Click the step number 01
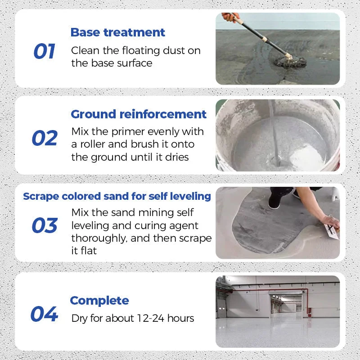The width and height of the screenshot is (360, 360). click(44, 52)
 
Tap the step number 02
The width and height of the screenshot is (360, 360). click(45, 139)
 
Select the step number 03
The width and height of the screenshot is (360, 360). click(45, 225)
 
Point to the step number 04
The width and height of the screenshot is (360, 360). click(44, 314)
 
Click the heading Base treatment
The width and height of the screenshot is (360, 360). click(118, 32)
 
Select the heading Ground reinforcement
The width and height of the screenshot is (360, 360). click(139, 114)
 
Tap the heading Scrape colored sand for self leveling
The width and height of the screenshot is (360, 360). click(117, 196)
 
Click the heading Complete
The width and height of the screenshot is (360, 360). click(99, 301)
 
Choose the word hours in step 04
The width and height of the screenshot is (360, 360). click(180, 318)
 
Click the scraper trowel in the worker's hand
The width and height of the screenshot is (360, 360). click(332, 230)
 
